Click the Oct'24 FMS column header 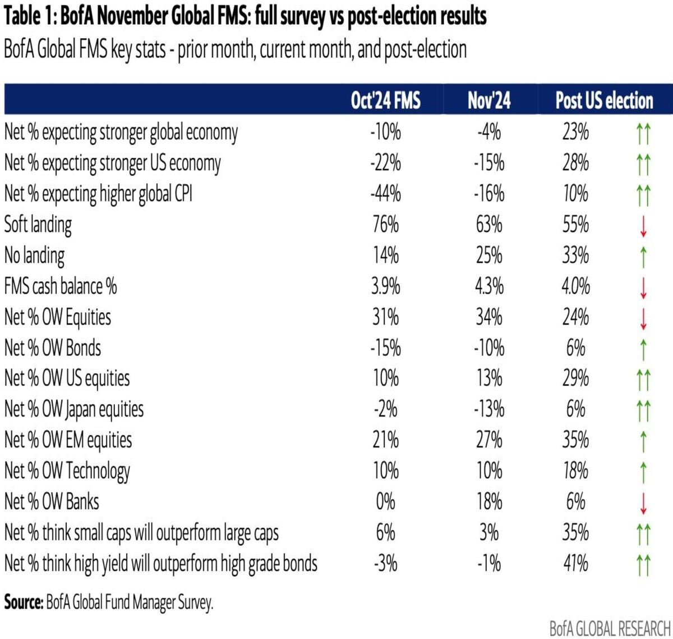pos(385,101)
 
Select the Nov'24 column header pos(489,101)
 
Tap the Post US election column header pos(604,101)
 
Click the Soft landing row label pos(38,225)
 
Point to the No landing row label pos(34,256)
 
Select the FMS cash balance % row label pos(61,286)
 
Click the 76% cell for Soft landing pos(386,225)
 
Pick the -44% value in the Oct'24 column pos(385,194)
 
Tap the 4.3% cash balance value pos(489,286)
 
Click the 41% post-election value pos(576,563)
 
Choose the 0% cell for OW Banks pos(386,502)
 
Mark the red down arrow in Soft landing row pos(643,226)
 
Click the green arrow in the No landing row pos(643,257)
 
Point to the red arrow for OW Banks pos(643,503)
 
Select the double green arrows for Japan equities pos(643,411)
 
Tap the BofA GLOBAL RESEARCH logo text pos(610,628)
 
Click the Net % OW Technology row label pos(67,471)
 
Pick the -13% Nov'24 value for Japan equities pos(489,409)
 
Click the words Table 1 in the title pos(30,16)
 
